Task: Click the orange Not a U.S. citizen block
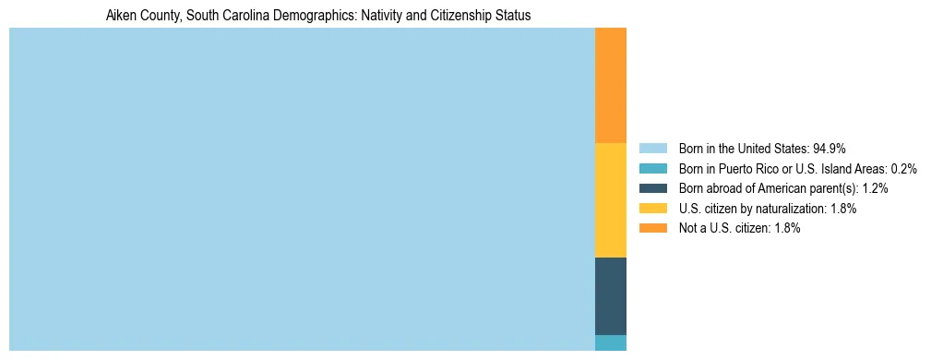[x=611, y=85]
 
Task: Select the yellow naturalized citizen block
[x=611, y=199]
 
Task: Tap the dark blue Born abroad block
[x=611, y=295]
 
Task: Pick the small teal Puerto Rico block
[x=611, y=342]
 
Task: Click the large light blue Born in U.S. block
[x=302, y=189]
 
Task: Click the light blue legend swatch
[x=652, y=148]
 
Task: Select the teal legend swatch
[x=652, y=168]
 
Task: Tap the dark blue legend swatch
[x=652, y=188]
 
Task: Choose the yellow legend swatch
[x=652, y=209]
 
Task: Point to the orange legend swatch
[x=652, y=229]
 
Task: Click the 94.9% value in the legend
[x=830, y=148]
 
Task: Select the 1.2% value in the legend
[x=876, y=188]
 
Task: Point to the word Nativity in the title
[x=383, y=17]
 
